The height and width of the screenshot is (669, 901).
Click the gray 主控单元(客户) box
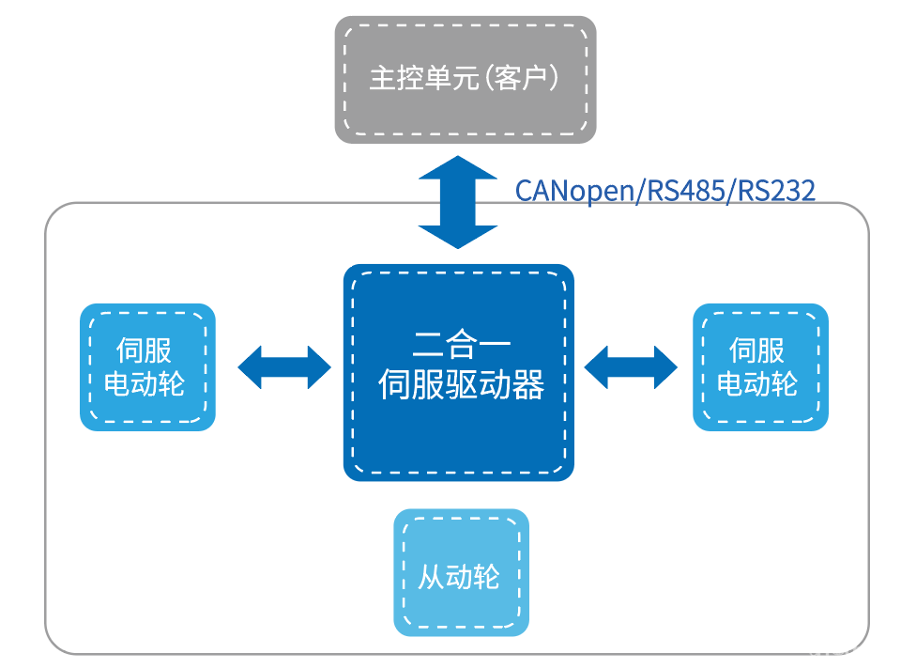[x=466, y=79]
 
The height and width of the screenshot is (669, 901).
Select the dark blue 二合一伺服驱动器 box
[x=458, y=372]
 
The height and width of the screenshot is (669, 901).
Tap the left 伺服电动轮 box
[x=147, y=367]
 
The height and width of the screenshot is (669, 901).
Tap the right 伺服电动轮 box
[x=760, y=367]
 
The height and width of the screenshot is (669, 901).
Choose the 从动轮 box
[x=461, y=572]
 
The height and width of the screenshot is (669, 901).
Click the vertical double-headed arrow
[x=458, y=202]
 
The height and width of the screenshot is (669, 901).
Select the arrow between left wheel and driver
[x=284, y=366]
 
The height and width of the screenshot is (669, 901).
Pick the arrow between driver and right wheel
[x=631, y=366]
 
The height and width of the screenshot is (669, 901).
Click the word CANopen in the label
[x=573, y=191]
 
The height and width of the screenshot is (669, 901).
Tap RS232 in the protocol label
[x=775, y=191]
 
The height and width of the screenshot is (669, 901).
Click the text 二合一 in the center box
[x=458, y=343]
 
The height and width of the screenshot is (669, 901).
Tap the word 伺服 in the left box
[x=145, y=350]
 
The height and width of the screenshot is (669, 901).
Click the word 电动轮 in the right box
[x=757, y=384]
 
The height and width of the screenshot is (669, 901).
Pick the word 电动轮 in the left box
[x=145, y=384]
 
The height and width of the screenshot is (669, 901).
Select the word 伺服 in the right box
[x=757, y=350]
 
